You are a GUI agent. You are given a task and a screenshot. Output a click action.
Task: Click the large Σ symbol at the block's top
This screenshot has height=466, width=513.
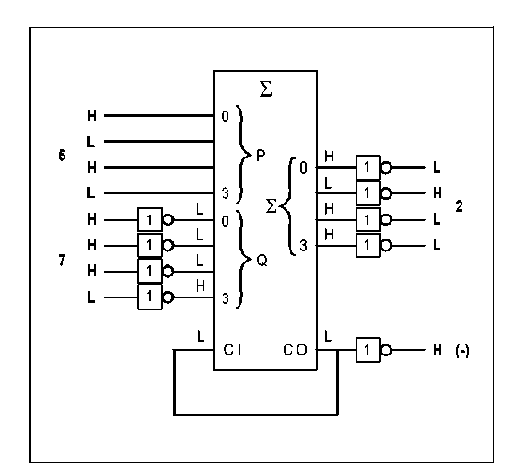pos(265,89)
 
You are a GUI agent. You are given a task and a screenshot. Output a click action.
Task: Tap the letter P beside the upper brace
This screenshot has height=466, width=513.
pos(261,156)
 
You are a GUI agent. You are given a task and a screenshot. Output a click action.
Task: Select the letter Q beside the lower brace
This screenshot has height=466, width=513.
pos(262,261)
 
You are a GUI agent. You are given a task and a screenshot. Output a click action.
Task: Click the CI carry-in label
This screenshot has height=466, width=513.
pos(233,350)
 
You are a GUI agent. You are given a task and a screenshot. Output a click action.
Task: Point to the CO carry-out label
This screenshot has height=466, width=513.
pos(295,350)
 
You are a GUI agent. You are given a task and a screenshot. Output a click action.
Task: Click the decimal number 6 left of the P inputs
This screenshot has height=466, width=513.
pos(62,155)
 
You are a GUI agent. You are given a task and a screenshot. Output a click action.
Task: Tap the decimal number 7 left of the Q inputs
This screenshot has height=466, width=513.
pos(62,261)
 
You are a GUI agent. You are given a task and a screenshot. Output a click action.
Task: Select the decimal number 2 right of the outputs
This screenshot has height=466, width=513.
pos(459,206)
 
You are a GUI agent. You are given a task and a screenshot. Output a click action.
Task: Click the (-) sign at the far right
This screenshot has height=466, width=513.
pos(462,351)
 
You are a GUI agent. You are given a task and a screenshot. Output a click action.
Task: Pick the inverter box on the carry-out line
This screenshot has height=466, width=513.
pos(368,350)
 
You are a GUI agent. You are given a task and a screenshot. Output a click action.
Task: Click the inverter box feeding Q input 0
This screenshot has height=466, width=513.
pos(150,219)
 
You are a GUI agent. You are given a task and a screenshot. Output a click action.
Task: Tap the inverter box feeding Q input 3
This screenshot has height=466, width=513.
pos(150,297)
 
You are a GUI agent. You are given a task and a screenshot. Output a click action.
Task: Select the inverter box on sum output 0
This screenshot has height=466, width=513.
pos(368,168)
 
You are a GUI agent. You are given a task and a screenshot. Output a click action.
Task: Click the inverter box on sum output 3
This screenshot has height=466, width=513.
pos(368,246)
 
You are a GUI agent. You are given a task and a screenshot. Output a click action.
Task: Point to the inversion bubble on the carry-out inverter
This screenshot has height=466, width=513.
pos(386,350)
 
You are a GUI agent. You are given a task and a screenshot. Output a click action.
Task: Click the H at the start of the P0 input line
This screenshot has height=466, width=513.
pos(92,115)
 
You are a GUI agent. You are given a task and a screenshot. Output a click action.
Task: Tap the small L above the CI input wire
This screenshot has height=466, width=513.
pos(201,336)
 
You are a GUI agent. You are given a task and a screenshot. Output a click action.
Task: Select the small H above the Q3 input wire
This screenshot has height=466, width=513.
pos(201,285)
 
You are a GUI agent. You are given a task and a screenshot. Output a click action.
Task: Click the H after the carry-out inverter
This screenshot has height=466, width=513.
pos(437,350)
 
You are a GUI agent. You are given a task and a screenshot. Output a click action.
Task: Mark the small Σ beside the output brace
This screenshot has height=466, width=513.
pos(271,206)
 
